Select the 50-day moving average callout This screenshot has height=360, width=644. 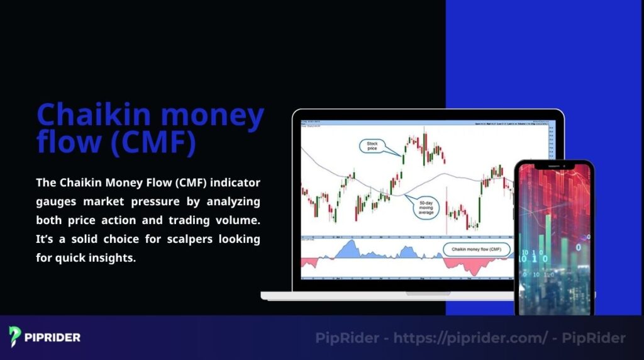[x=427, y=208]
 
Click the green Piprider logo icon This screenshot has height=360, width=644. [x=16, y=337]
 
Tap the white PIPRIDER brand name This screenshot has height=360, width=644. [x=53, y=338]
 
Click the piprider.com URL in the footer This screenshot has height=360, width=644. [x=470, y=338]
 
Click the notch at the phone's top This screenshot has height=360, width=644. [x=554, y=166]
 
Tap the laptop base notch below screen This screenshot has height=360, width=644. [x=428, y=293]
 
